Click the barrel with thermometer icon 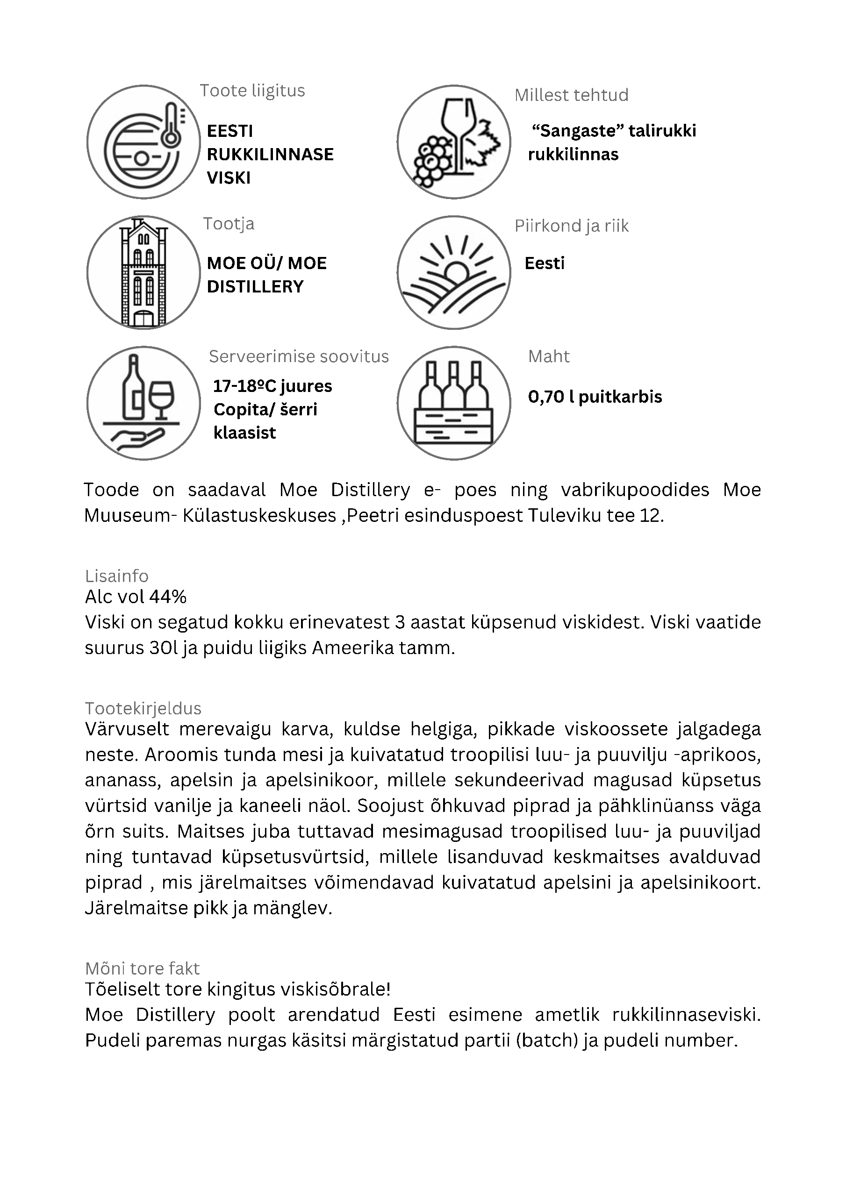[143, 142]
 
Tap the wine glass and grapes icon [453, 142]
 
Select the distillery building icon [143, 272]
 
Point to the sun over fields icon [453, 272]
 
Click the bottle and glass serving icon [143, 403]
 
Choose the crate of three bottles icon [453, 403]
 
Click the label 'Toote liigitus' [252, 91]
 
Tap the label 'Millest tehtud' [571, 95]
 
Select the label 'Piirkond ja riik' [571, 226]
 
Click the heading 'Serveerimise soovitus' [299, 356]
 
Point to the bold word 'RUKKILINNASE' [271, 154]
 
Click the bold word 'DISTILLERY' [255, 286]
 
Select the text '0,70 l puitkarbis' [595, 397]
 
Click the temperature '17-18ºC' [244, 386]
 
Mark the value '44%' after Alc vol [168, 597]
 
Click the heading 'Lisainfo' [117, 576]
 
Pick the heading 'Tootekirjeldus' [143, 709]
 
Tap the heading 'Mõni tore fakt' [142, 968]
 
